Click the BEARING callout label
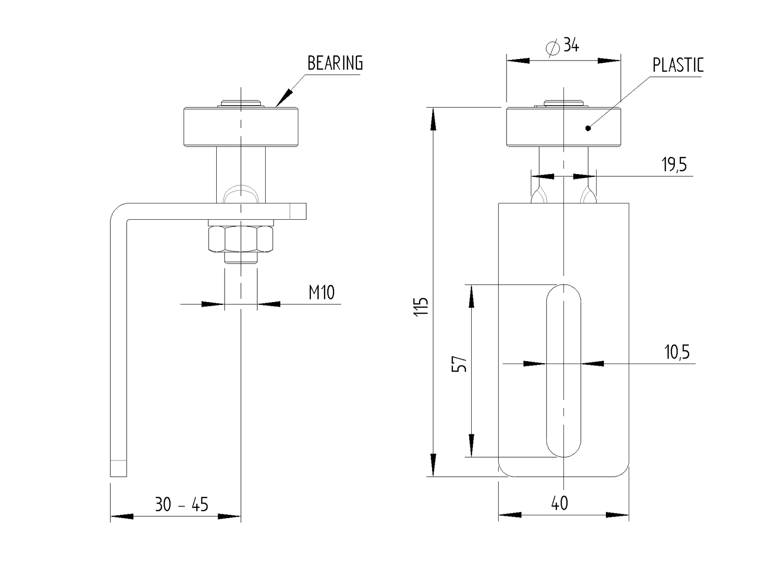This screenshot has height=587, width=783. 335,63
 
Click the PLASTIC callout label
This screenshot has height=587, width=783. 677,65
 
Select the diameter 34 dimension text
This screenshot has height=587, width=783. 571,45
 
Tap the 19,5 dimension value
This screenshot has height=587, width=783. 674,165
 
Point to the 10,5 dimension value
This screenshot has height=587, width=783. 677,352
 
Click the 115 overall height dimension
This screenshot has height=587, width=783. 421,307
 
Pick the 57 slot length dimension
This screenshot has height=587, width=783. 460,364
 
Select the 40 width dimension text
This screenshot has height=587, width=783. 559,503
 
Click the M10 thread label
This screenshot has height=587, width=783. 322,293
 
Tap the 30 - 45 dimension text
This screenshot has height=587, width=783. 181,505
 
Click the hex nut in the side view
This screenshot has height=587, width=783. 240,239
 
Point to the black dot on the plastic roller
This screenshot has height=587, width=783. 588,128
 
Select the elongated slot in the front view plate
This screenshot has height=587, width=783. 564,370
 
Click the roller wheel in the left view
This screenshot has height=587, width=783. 240,128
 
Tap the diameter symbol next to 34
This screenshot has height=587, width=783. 553,47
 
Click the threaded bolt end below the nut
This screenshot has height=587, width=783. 240,258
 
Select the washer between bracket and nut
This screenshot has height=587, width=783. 240,223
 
